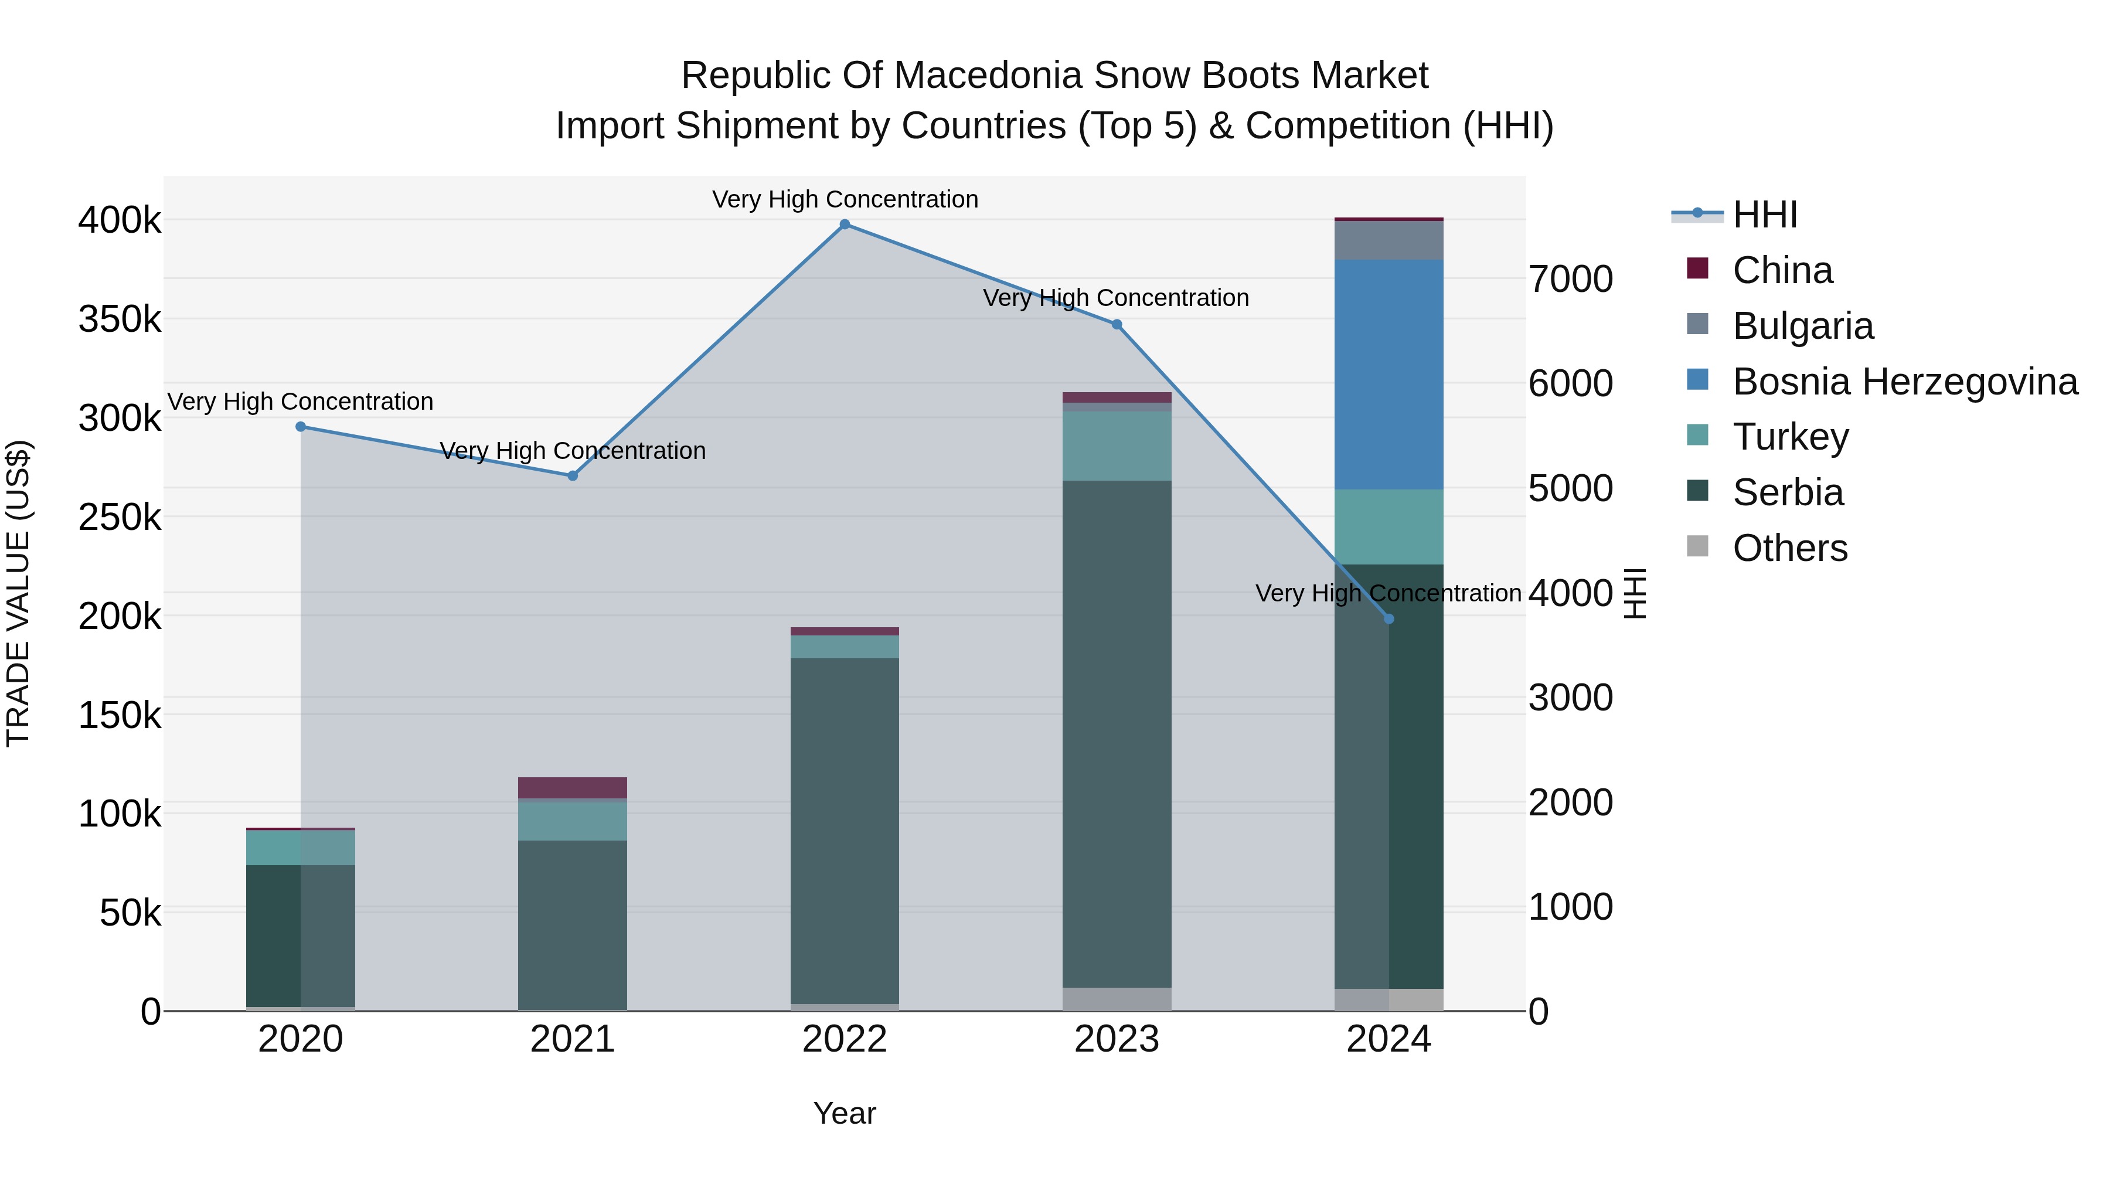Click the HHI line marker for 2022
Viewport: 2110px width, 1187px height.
(x=845, y=225)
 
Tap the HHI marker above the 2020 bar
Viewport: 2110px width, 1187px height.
(x=301, y=427)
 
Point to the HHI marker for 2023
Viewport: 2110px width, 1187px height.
(x=1117, y=324)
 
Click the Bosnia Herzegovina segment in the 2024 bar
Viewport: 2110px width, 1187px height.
(x=1388, y=375)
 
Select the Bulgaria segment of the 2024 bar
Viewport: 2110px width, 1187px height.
(x=1388, y=240)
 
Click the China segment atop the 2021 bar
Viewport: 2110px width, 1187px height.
(x=573, y=788)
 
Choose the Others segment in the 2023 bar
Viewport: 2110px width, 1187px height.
(x=1117, y=999)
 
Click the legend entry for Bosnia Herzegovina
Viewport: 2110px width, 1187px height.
(x=1904, y=382)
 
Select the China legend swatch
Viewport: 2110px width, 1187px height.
(x=1698, y=268)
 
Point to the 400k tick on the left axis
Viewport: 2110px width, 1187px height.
(x=120, y=221)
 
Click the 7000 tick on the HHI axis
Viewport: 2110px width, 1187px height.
(x=1570, y=280)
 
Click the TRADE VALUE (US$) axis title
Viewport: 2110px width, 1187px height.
(x=18, y=593)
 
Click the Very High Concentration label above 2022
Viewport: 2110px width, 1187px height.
(x=845, y=200)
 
